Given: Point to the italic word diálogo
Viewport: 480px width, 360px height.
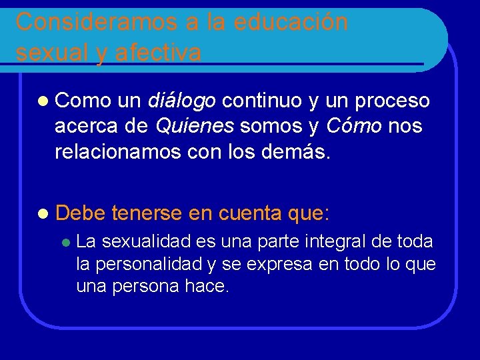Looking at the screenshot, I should [181, 101].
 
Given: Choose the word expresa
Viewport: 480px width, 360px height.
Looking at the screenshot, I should [279, 264].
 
